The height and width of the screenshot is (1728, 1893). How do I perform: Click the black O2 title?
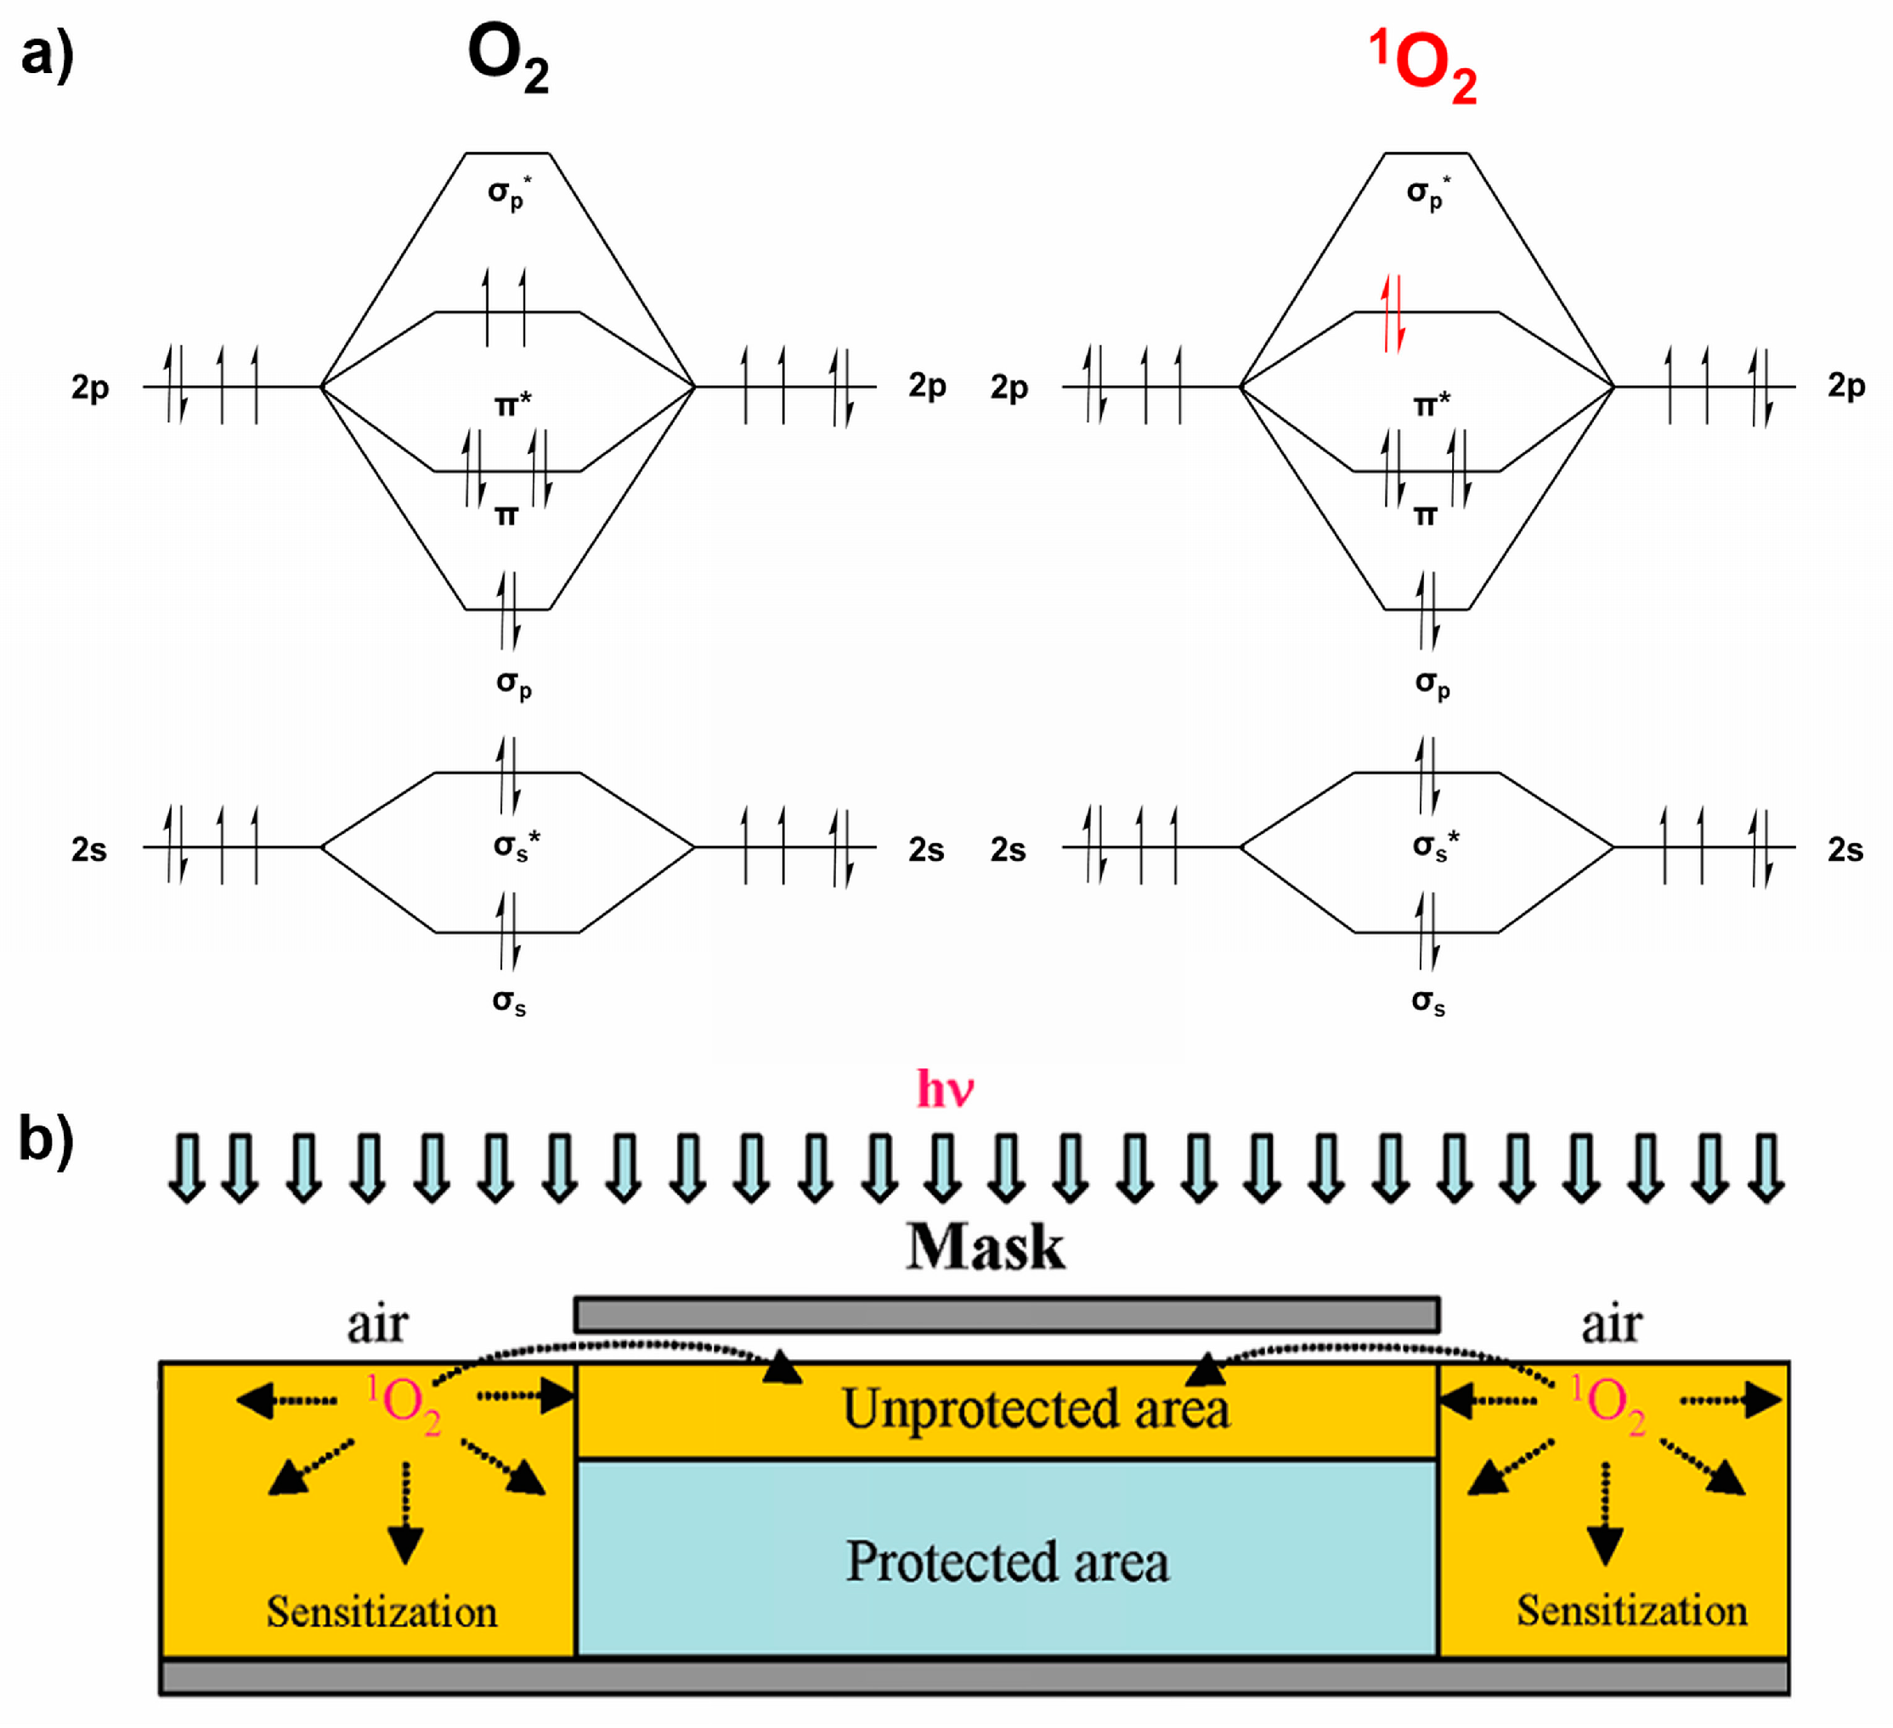point(508,59)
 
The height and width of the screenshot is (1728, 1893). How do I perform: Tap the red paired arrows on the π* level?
point(1393,314)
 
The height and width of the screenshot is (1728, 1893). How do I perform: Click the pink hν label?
point(945,1090)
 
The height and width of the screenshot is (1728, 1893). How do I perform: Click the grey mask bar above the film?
point(1007,1315)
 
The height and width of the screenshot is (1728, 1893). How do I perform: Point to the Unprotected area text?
point(1035,1409)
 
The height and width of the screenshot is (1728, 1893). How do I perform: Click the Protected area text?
point(1007,1563)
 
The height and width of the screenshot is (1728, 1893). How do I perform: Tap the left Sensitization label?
point(381,1612)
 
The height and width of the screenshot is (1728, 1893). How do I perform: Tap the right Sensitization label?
point(1632,1611)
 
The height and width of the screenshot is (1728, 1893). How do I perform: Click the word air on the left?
point(376,1324)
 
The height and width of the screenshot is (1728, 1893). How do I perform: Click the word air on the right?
point(1611,1324)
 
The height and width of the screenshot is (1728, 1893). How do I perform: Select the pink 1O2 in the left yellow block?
point(404,1404)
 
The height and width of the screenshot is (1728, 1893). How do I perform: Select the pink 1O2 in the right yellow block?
point(1608,1404)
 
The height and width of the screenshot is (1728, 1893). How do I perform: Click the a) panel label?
point(47,54)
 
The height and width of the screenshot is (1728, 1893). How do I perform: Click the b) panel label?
point(45,1140)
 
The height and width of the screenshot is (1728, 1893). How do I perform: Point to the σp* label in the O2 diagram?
point(508,194)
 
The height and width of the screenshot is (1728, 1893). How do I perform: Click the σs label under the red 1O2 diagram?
point(1427,1002)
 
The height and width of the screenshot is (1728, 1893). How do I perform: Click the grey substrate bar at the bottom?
point(973,1677)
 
